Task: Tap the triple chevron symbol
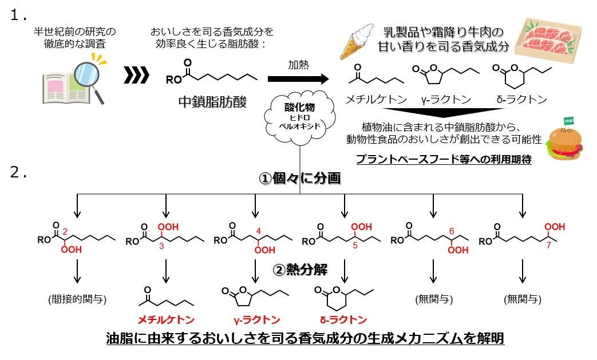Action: (x=136, y=74)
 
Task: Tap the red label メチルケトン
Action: (x=166, y=319)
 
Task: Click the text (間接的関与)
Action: (x=77, y=299)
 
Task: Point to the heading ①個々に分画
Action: (x=300, y=179)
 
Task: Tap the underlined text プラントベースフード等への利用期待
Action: (x=444, y=160)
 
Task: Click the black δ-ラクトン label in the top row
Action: (x=521, y=99)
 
